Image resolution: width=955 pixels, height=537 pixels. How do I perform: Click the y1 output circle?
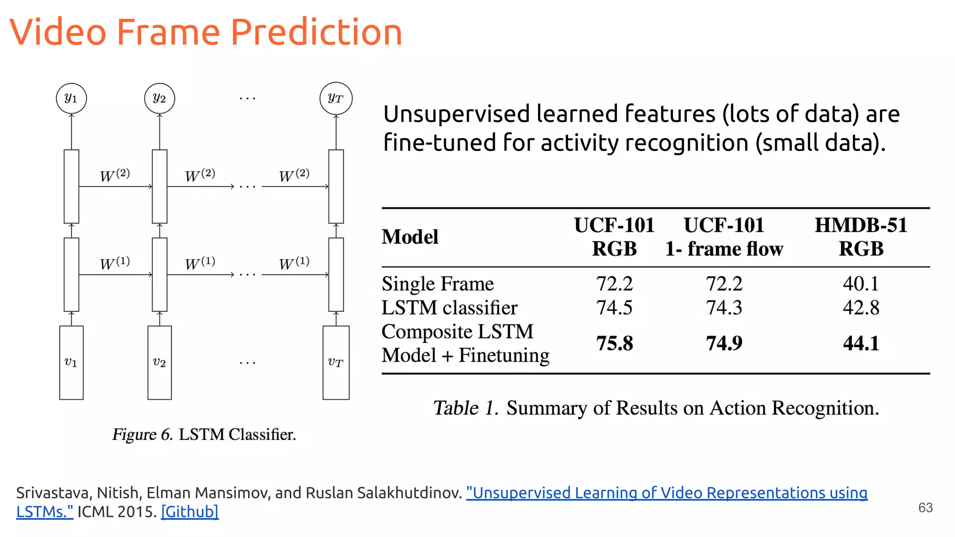click(x=71, y=98)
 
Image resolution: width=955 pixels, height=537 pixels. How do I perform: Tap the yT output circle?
click(x=336, y=98)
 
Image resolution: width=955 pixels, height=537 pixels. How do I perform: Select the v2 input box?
click(x=159, y=362)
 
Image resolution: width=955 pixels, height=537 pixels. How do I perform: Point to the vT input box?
click(x=336, y=362)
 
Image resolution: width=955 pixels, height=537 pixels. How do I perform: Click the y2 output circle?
click(x=159, y=98)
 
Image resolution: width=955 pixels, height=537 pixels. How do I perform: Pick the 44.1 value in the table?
click(x=861, y=344)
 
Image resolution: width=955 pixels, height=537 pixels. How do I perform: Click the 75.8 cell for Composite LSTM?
click(x=615, y=344)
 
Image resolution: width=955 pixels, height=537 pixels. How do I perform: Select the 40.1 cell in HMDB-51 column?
click(x=861, y=283)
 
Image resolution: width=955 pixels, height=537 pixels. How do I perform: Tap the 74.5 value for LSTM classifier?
click(x=615, y=308)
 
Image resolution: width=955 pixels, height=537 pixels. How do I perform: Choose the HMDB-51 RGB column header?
click(x=861, y=237)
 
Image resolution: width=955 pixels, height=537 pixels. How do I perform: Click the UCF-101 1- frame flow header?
click(x=724, y=237)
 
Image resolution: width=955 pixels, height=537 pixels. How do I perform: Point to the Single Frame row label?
click(x=437, y=283)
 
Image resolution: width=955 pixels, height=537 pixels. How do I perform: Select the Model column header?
click(x=410, y=237)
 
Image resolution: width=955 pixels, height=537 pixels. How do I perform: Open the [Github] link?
click(x=190, y=512)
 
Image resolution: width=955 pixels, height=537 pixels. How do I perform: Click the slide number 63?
click(x=925, y=508)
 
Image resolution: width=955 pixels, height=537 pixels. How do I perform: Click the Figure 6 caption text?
click(x=204, y=434)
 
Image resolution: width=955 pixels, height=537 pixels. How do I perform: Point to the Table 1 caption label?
click(x=465, y=408)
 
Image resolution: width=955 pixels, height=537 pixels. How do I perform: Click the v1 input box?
click(x=71, y=362)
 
